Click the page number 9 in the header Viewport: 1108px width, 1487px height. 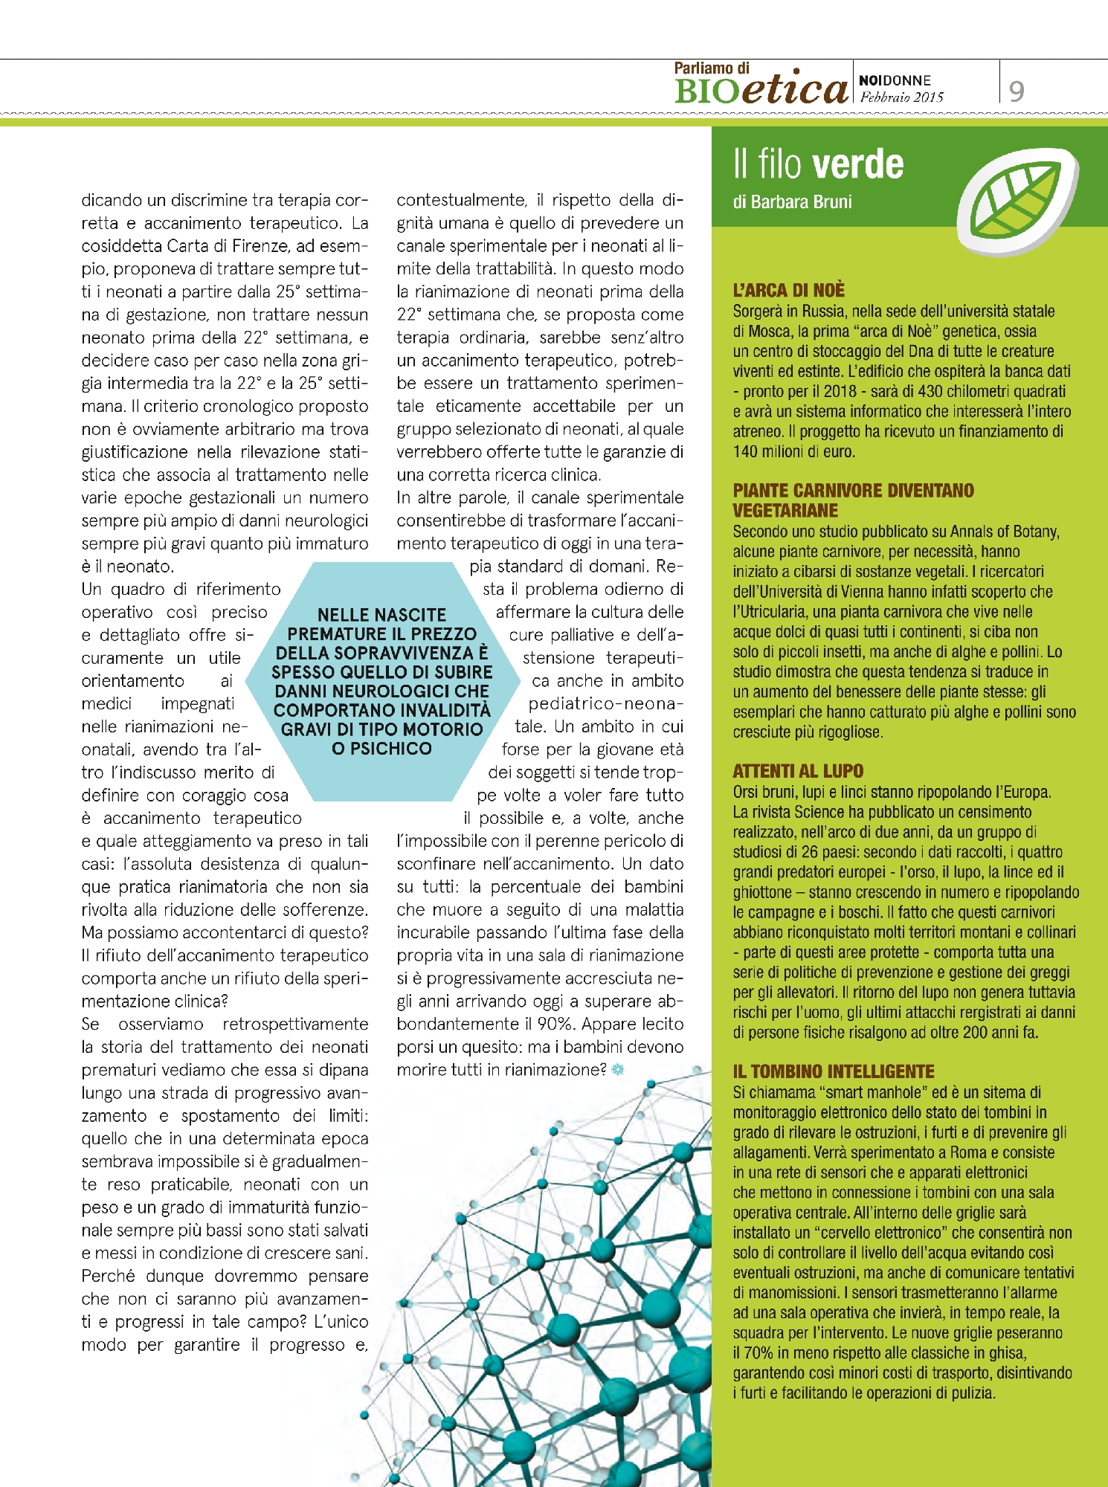click(1017, 91)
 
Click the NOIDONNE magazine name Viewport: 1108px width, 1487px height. click(895, 80)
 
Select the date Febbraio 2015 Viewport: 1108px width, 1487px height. click(901, 97)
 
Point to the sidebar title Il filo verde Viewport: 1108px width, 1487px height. click(818, 164)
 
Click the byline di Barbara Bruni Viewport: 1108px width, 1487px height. click(792, 202)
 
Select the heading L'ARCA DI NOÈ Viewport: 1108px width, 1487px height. click(788, 290)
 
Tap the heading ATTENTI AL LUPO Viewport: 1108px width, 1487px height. click(798, 771)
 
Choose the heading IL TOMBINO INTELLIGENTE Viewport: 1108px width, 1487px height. click(833, 1071)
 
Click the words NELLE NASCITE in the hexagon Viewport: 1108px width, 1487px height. click(381, 615)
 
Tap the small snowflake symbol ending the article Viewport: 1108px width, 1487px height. click(617, 1070)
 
